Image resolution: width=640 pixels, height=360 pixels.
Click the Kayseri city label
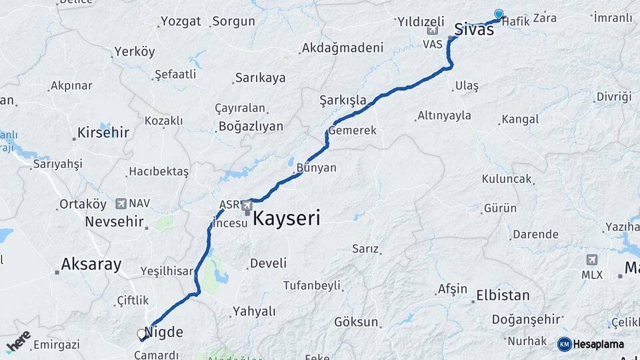coord(286,218)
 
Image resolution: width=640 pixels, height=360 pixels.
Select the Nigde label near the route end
coord(163,331)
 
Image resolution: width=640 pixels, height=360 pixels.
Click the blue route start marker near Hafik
coord(499,14)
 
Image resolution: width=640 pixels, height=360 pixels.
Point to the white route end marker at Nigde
coord(141,333)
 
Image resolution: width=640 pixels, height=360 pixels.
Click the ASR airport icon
coord(247,205)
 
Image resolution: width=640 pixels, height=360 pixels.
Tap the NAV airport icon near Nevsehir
coord(121,203)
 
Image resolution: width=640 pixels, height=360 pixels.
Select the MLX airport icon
coord(591,260)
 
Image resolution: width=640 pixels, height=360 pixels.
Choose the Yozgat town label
coord(181,21)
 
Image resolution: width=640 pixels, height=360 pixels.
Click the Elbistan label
coord(503,295)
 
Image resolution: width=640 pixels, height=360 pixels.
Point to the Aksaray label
coord(91,264)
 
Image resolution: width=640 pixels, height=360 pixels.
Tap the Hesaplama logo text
coord(599,344)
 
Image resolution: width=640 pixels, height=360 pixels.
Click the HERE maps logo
coord(18,342)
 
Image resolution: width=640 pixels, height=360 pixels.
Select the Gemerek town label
coord(352,131)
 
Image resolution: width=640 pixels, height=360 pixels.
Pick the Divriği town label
coord(613,97)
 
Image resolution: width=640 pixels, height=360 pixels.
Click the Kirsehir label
coord(103,132)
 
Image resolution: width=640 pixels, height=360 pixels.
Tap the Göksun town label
coord(356,322)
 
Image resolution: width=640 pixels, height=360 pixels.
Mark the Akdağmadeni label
coord(342,48)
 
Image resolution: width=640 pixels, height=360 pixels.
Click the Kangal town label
coord(520,120)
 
